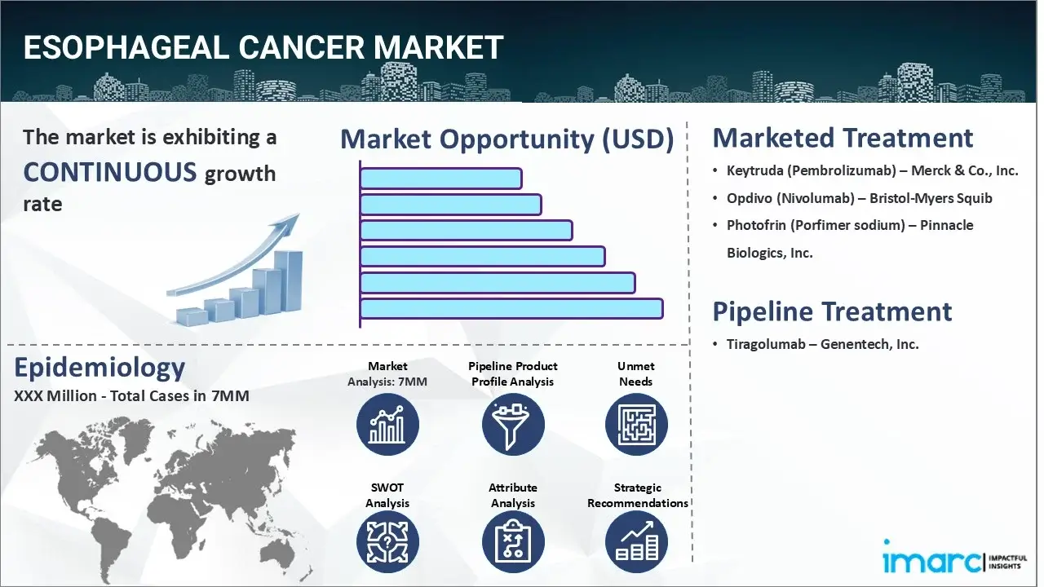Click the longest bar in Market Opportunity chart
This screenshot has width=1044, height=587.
coord(511,308)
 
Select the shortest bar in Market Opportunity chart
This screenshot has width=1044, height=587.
coord(440,179)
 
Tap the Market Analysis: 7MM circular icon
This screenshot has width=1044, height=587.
coord(387,425)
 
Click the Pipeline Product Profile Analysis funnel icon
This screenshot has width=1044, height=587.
coord(512,425)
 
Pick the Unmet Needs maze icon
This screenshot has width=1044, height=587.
coord(636,425)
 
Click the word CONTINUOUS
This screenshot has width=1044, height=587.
coord(110,172)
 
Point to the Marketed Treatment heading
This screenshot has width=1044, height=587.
coord(843,138)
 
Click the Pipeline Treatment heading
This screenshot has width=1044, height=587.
coord(832,311)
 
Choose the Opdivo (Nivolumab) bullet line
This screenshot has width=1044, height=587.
coord(859,198)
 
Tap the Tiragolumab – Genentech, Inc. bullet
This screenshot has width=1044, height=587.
coord(822,344)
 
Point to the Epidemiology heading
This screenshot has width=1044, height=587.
coord(100,368)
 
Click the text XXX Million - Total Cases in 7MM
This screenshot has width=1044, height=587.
coord(131,397)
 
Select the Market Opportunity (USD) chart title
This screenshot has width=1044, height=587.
coord(507,139)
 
